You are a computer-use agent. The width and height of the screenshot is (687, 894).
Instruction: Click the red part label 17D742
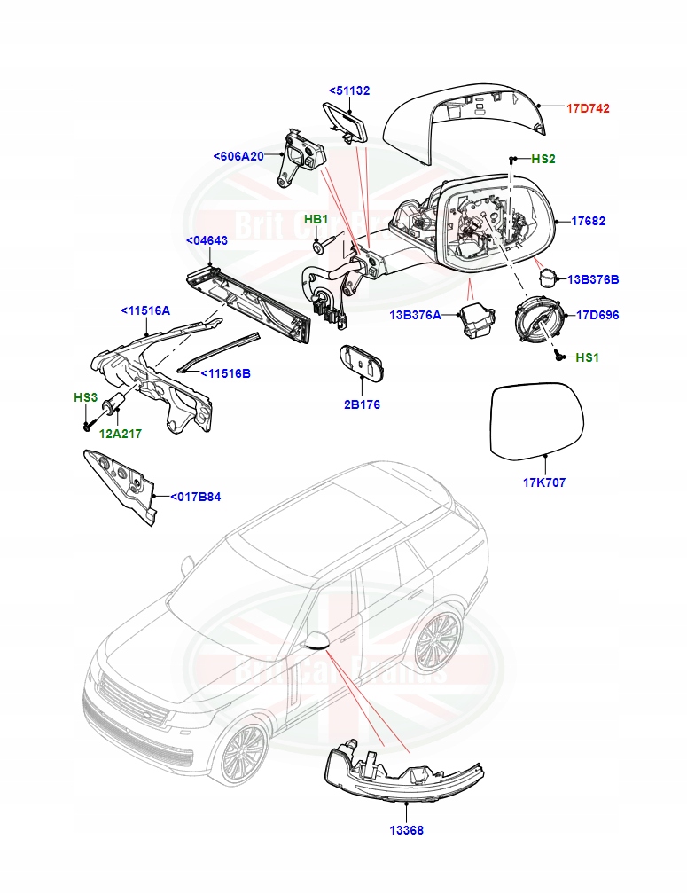pyautogui.click(x=588, y=108)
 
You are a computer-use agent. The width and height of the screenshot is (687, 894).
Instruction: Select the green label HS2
pyautogui.click(x=543, y=159)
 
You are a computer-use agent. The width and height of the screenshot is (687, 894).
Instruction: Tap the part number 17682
pyautogui.click(x=588, y=221)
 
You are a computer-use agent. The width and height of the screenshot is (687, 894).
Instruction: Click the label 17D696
pyautogui.click(x=597, y=315)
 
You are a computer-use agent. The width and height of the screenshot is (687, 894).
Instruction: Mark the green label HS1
pyautogui.click(x=587, y=357)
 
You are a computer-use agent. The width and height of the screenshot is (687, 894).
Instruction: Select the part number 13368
pyautogui.click(x=404, y=830)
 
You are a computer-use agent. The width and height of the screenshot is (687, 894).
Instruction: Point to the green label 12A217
pyautogui.click(x=120, y=434)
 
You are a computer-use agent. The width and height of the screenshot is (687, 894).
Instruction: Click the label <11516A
pyautogui.click(x=145, y=310)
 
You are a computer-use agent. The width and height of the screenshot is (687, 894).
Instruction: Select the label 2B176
pyautogui.click(x=362, y=404)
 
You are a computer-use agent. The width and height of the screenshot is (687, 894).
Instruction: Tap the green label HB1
pyautogui.click(x=316, y=219)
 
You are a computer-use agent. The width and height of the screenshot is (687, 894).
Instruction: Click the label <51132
pyautogui.click(x=349, y=90)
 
